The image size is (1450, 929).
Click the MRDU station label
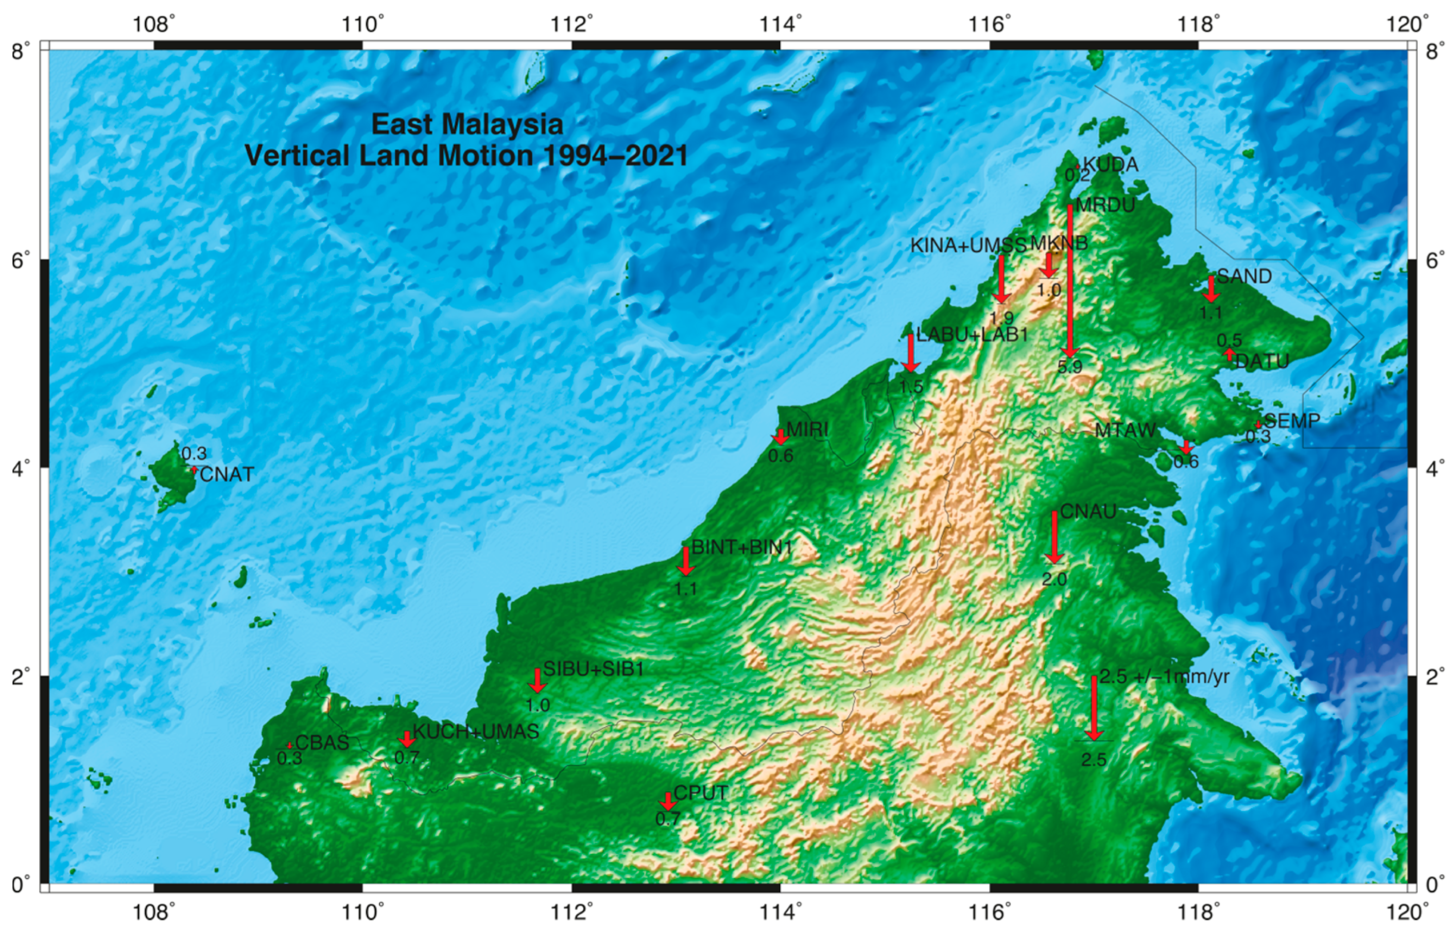(x=1105, y=205)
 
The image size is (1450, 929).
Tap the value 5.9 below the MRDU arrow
(x=1069, y=366)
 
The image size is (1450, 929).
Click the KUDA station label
(x=1110, y=165)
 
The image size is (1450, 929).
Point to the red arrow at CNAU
(x=1054, y=537)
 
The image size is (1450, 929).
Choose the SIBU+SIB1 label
(x=594, y=669)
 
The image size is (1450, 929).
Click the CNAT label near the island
(x=227, y=475)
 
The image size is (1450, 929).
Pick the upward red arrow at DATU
(x=1230, y=355)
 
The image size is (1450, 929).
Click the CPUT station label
(x=700, y=793)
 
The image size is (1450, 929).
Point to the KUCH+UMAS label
(x=475, y=732)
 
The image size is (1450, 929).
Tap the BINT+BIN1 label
(x=741, y=547)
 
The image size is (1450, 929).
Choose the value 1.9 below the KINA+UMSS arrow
(x=1002, y=318)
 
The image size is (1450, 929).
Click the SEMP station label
(x=1292, y=421)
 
